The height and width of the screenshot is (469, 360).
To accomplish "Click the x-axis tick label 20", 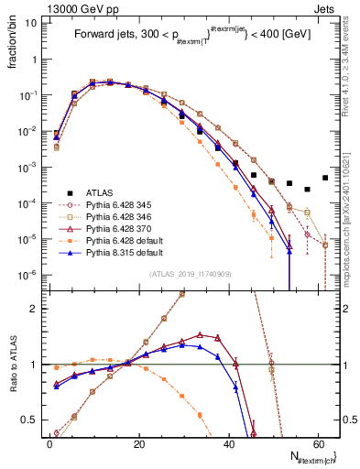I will (138, 442).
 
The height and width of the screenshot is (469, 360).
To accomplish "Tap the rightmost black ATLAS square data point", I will (325, 178).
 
